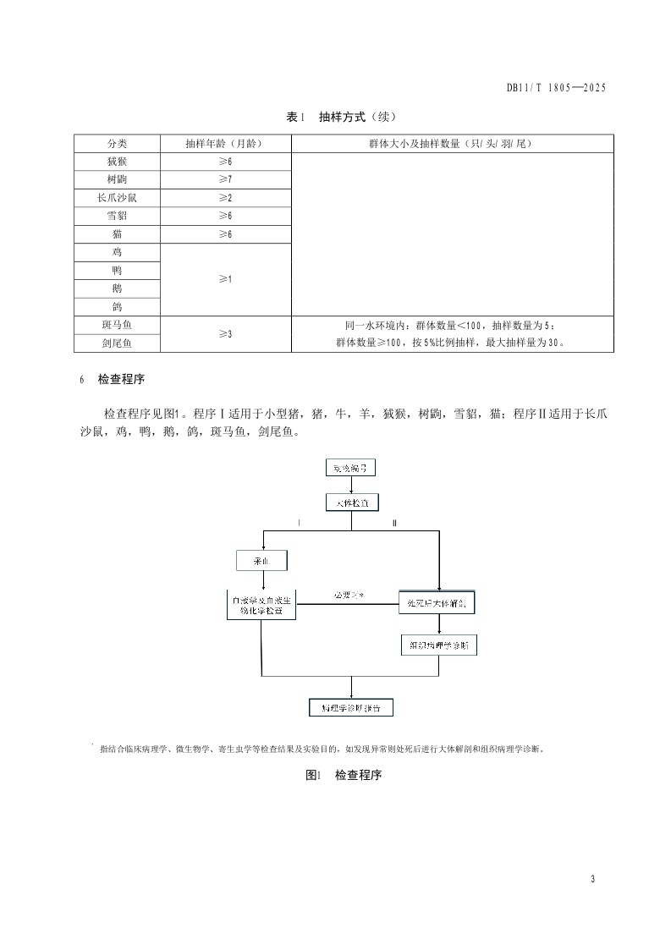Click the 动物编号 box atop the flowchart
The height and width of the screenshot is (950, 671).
point(350,468)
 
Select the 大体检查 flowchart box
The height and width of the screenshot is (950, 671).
point(352,502)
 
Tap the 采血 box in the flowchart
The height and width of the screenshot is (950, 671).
point(262,560)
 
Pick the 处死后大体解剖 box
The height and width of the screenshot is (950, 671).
point(438,602)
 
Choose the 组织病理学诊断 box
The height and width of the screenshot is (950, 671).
point(438,645)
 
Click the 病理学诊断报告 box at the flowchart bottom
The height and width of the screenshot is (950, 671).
point(351,708)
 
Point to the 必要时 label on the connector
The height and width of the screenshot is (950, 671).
point(347,596)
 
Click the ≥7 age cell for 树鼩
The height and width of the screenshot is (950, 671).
point(225,179)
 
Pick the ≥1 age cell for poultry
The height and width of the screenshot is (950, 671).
point(225,279)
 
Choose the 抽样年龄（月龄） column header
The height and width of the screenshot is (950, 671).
point(225,144)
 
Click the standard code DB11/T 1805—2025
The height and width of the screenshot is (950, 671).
point(557,87)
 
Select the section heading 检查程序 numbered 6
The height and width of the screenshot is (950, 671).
point(128,379)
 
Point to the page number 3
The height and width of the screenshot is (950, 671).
point(593,880)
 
